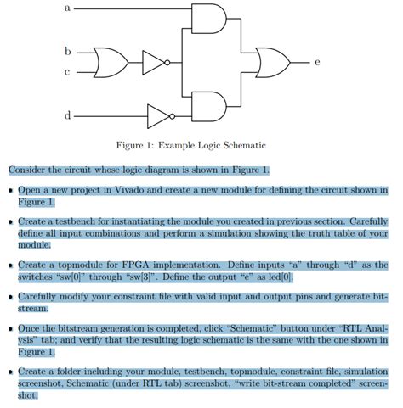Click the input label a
point(67,8)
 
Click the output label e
point(316,61)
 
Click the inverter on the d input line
point(159,115)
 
